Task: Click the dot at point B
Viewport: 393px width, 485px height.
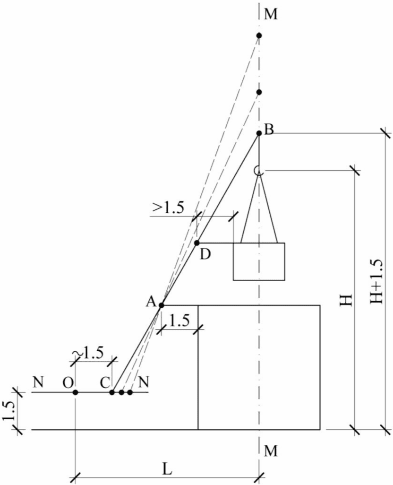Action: tap(259, 134)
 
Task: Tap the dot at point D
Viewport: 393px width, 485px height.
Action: tap(197, 243)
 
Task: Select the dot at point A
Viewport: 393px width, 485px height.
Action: tap(161, 305)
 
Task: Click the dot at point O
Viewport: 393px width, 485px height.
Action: tap(75, 392)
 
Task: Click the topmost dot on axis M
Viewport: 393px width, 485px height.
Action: tap(259, 35)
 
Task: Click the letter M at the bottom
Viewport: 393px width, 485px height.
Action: tap(271, 451)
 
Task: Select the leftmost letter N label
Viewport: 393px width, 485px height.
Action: tap(38, 382)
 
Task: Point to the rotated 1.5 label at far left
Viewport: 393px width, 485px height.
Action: tap(7, 410)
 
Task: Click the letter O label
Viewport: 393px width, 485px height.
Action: tap(68, 382)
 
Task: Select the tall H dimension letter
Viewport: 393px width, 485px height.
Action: tap(347, 299)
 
